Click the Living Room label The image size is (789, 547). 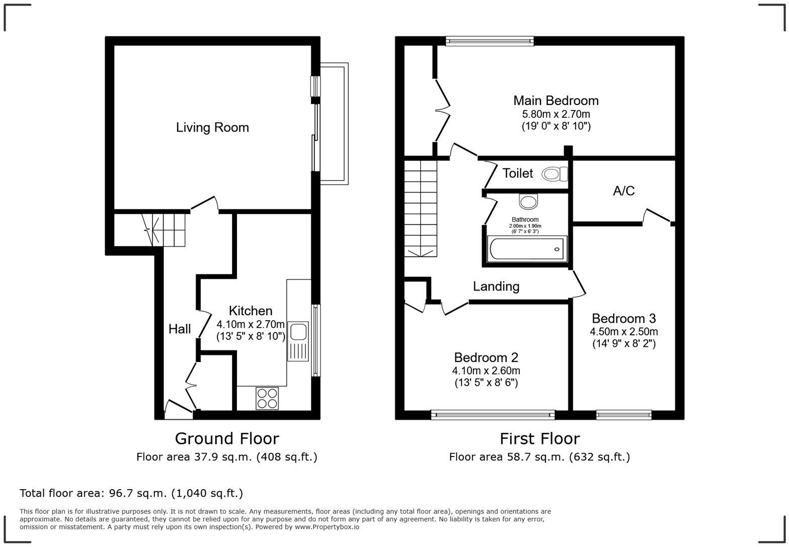pos(212,128)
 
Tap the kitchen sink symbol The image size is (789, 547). pos(298,341)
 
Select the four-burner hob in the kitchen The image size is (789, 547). pos(267,398)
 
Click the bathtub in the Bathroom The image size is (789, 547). pos(527,249)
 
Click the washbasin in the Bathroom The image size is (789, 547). pos(528,202)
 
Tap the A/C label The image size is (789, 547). pos(623,191)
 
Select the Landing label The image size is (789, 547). pos(496,287)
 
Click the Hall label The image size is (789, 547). pos(180,329)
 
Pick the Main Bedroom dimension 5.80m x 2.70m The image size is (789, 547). pos(556,114)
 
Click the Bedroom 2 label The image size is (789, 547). pos(486,357)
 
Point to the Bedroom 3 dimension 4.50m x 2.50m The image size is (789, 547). pos(623,332)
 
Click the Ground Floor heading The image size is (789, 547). pos(226,439)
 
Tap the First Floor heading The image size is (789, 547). pos(539,439)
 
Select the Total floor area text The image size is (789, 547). pos(131,493)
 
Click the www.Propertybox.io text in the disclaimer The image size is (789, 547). pos(327,527)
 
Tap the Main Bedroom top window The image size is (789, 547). pos(490,41)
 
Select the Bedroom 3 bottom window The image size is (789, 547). pos(623,415)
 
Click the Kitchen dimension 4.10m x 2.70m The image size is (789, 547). pos(251,324)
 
